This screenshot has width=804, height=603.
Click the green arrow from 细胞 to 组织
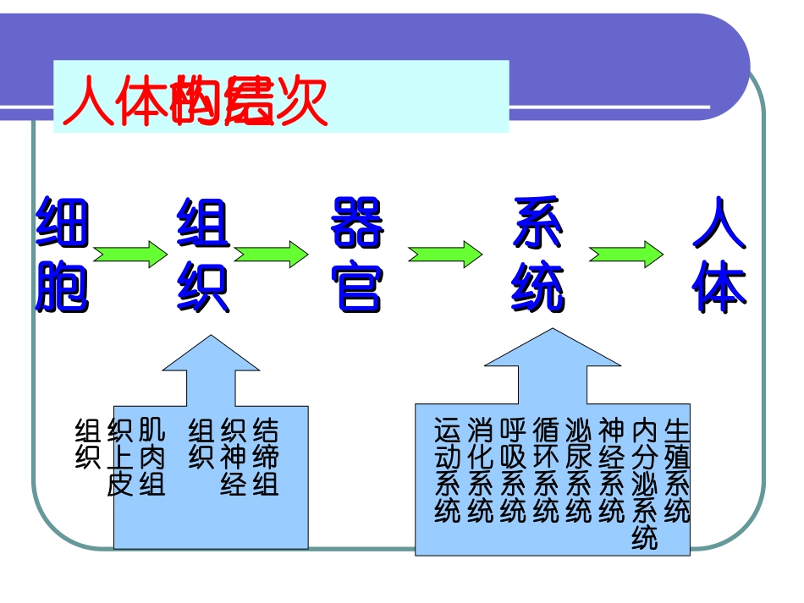pyautogui.click(x=130, y=254)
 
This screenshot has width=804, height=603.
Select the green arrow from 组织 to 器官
pyautogui.click(x=271, y=254)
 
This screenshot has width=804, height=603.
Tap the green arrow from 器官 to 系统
pyautogui.click(x=445, y=254)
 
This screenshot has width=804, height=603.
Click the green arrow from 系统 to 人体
pyautogui.click(x=626, y=254)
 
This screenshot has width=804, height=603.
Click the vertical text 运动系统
pyautogui.click(x=447, y=470)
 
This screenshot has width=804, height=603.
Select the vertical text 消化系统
pyautogui.click(x=480, y=470)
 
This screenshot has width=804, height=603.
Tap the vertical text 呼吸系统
pyautogui.click(x=513, y=470)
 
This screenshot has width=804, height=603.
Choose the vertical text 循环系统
pyautogui.click(x=546, y=470)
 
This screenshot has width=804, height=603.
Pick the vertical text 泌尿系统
pyautogui.click(x=579, y=470)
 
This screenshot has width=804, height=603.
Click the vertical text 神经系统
pyautogui.click(x=611, y=470)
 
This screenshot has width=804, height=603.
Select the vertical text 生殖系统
pyautogui.click(x=678, y=470)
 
